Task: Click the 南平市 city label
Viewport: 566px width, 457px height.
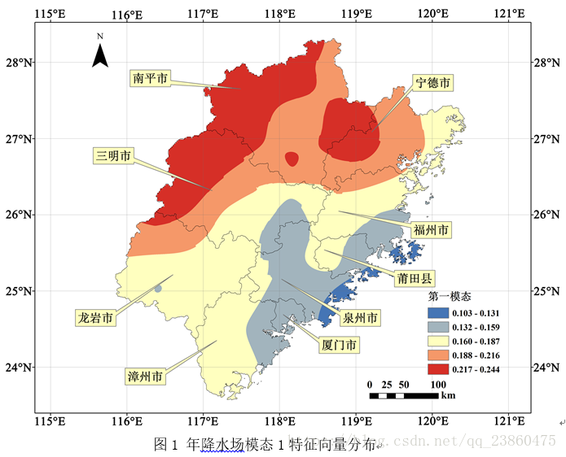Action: [150, 78]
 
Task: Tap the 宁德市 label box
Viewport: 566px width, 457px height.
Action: [433, 83]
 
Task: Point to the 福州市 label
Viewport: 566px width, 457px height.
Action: [431, 230]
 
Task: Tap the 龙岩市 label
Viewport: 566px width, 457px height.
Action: [94, 317]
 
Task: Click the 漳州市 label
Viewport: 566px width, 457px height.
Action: [145, 376]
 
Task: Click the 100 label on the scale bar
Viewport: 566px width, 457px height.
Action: [437, 384]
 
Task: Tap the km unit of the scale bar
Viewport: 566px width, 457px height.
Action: [448, 396]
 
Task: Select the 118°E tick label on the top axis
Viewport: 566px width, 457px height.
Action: [279, 14]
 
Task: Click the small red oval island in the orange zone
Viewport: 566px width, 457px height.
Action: [292, 159]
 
